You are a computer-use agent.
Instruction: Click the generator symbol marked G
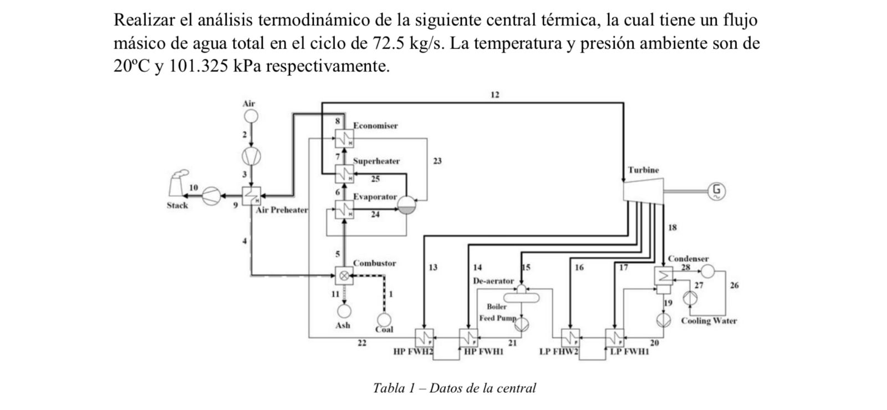point(716,191)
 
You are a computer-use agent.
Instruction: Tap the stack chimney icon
point(180,185)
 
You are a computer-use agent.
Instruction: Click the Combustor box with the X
point(344,275)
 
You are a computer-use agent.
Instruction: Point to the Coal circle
point(384,319)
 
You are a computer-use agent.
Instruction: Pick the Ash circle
point(344,311)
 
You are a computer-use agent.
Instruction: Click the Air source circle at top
point(251,116)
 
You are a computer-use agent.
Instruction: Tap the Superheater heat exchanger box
point(344,173)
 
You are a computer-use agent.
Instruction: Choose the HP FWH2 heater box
point(424,337)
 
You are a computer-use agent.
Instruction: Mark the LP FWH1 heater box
point(615,337)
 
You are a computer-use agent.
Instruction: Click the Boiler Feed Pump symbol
point(522,324)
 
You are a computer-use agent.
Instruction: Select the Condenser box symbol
point(664,276)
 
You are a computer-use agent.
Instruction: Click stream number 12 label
point(495,95)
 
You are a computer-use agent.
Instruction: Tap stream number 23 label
point(437,161)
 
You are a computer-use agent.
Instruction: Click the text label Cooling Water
point(708,321)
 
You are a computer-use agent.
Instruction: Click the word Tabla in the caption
point(390,388)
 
